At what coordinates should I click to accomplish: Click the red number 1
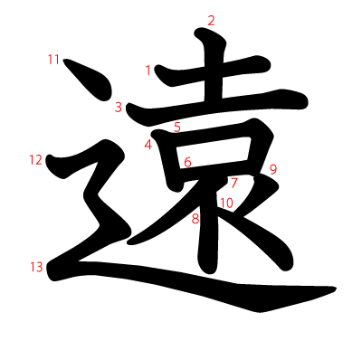coord(148,70)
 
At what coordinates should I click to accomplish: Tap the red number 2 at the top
coord(212,21)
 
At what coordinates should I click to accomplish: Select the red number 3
coord(119,107)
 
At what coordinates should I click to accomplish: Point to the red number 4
coord(147,144)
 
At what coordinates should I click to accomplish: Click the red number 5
coord(177,127)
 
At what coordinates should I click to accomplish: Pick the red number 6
coord(187,163)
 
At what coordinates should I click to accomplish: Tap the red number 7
coord(233,182)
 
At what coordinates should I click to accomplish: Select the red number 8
coord(195,218)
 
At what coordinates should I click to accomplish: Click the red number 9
coord(272,169)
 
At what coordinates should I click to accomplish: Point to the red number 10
coord(226,204)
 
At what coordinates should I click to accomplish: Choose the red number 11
coord(53,60)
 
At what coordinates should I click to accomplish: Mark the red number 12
coord(35,160)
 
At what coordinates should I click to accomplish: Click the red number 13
coord(35,266)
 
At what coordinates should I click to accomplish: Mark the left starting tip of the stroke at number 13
coord(51,269)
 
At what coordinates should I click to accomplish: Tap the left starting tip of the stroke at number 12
coord(50,162)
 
